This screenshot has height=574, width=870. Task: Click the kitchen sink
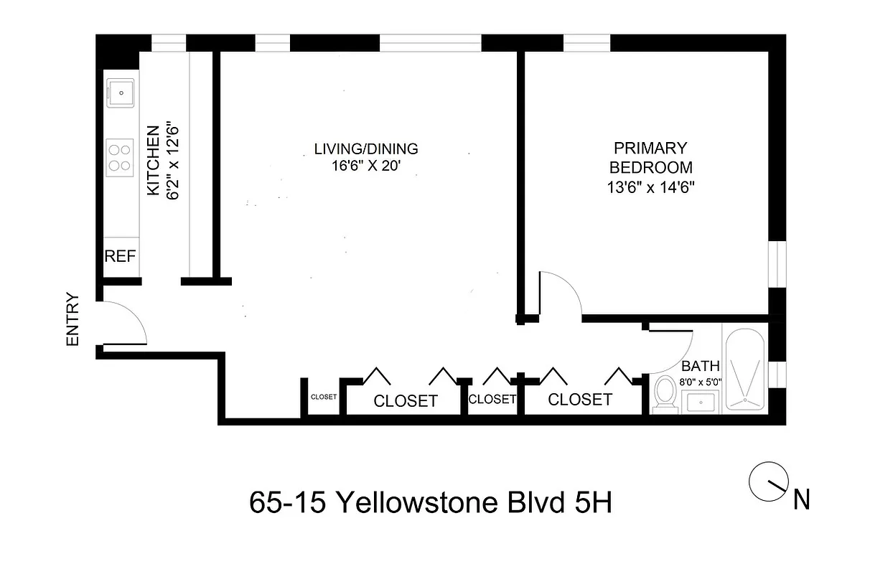click(121, 92)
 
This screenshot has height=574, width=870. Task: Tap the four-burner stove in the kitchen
click(121, 158)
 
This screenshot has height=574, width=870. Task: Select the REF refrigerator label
click(121, 257)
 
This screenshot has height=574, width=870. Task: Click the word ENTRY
click(72, 320)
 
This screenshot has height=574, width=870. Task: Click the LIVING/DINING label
click(366, 149)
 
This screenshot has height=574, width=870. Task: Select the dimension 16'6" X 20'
click(366, 167)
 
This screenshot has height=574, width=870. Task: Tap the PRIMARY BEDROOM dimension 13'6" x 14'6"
click(651, 187)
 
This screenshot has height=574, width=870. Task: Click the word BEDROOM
click(651, 168)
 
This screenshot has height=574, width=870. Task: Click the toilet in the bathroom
click(665, 394)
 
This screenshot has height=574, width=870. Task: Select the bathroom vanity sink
click(702, 402)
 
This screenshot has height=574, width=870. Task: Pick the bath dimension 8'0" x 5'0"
click(701, 382)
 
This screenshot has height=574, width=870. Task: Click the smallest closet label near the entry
click(324, 396)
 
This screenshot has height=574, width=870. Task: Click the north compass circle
click(764, 482)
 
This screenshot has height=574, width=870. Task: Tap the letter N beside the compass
click(802, 500)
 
